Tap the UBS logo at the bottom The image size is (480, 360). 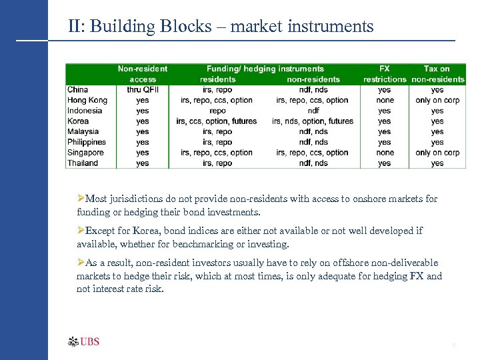coord(84,342)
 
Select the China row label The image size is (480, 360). coord(77,89)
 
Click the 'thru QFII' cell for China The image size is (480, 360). coord(142,89)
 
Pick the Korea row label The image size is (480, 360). coord(78,121)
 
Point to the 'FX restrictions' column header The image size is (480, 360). coord(385,73)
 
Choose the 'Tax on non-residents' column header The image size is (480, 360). coord(437,73)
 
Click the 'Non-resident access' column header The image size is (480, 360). coord(142,73)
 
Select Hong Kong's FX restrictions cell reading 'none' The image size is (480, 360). coord(385,100)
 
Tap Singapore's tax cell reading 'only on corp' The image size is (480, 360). coord(437,153)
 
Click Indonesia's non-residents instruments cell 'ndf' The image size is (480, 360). coord(313,111)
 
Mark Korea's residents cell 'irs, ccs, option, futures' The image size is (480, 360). coord(217,121)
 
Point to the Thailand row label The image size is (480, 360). coord(83,163)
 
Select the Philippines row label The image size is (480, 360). coord(87,142)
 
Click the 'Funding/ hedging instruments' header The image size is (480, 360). coord(265,69)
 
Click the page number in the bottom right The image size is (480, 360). coord(454,345)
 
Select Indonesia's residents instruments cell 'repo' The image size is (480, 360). coord(217,111)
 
